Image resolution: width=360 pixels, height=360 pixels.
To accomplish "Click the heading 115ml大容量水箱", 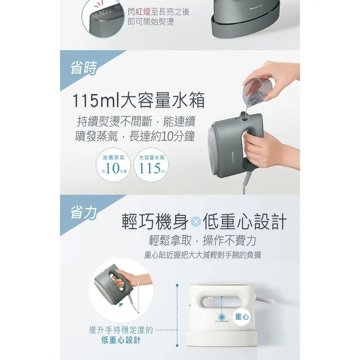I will click(138, 101).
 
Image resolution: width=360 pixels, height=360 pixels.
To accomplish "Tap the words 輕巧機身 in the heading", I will click(154, 221).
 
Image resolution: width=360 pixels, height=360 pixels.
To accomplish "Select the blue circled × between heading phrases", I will click(195, 222).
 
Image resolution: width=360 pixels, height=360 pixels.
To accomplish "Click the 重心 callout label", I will click(242, 316).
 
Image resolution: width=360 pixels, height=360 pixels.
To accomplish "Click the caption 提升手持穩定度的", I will click(121, 330).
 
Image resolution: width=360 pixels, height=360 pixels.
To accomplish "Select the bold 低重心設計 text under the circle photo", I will click(121, 340).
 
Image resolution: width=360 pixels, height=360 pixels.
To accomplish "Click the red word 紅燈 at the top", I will click(145, 11).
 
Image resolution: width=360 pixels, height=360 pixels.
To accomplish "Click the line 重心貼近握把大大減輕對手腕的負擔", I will click(203, 254).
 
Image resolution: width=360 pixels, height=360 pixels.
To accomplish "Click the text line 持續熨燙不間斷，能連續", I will click(136, 121).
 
